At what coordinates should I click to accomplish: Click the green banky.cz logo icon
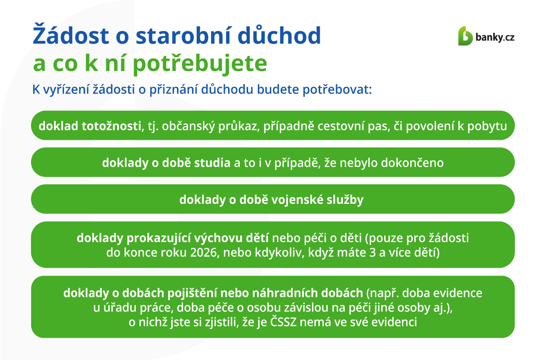[x=465, y=36]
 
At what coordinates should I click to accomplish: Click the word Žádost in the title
[x=71, y=34]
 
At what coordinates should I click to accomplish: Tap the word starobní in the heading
[x=183, y=35]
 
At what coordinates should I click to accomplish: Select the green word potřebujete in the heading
[x=200, y=63]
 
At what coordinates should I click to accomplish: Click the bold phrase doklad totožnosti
[x=90, y=126]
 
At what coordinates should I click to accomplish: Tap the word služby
[x=345, y=200]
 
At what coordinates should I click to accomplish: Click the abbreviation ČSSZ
[x=283, y=322]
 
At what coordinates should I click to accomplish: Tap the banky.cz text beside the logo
[x=495, y=37]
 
